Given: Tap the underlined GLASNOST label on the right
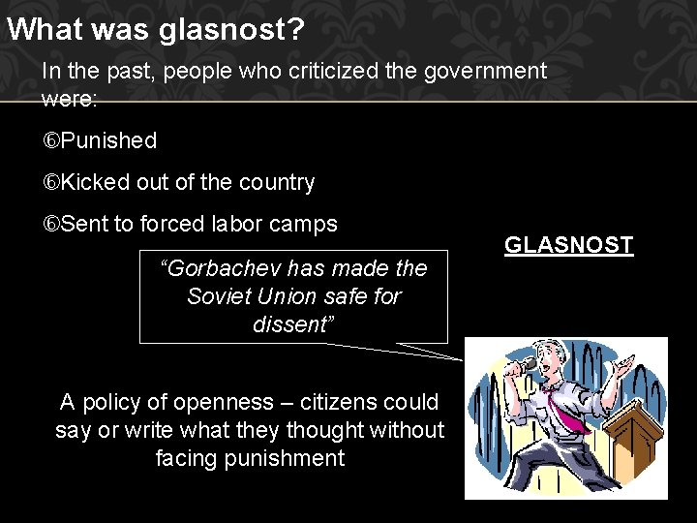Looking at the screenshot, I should pyautogui.click(x=568, y=245).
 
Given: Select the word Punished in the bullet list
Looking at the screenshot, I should pyautogui.click(x=108, y=140).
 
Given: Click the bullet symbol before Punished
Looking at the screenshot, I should pyautogui.click(x=50, y=141).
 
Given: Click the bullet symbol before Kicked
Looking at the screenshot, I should pyautogui.click(x=50, y=183).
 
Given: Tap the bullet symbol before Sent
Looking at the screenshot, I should pyautogui.click(x=50, y=225).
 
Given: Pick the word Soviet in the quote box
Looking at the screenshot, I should pyautogui.click(x=219, y=295).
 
